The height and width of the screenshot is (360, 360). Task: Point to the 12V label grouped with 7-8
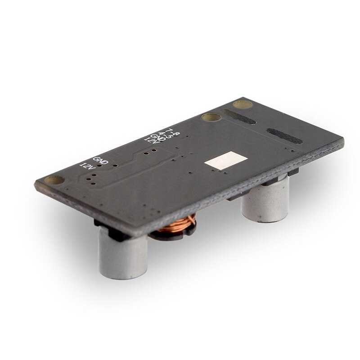tap(151, 141)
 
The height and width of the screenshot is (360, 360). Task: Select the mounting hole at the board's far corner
tap(245, 105)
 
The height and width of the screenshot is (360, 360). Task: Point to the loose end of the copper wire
tap(192, 220)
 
